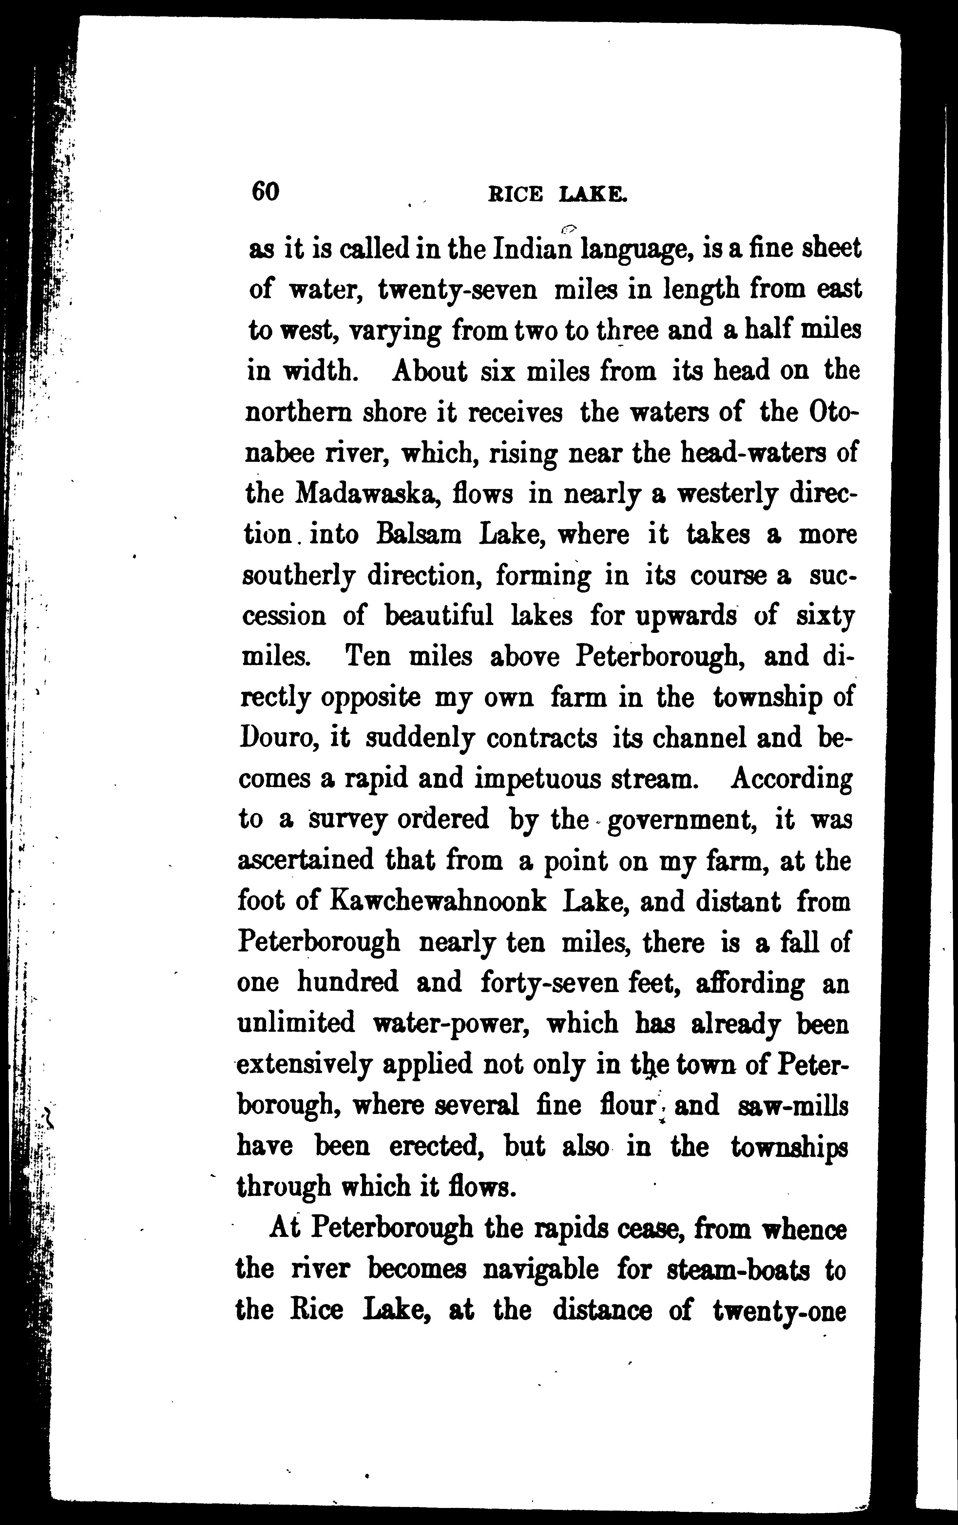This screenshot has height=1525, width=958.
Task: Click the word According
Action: [x=792, y=779]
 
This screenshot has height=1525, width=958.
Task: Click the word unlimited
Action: [x=296, y=1024]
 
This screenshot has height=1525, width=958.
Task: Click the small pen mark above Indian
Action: [x=568, y=227]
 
